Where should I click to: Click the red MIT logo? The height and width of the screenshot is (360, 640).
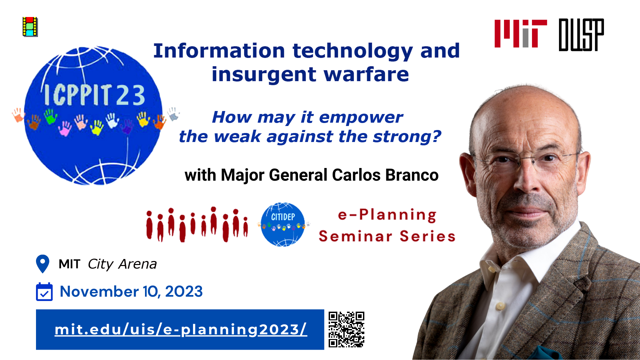521,34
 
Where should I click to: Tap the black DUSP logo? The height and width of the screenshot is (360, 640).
581,35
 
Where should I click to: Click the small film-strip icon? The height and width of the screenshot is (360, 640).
30,27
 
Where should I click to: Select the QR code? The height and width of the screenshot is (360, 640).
346,329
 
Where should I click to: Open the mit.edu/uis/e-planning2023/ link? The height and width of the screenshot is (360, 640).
181,329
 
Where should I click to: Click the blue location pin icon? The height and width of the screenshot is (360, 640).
43,264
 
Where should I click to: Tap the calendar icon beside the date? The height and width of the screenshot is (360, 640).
44,292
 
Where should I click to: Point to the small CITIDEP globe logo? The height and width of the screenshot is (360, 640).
283,224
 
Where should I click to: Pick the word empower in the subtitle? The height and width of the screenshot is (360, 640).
361,117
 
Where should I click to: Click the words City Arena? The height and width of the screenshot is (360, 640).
122,264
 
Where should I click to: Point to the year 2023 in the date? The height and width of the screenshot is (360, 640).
184,292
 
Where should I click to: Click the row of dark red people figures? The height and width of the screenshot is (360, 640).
197,224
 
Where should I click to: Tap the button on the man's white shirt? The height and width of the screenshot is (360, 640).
500,306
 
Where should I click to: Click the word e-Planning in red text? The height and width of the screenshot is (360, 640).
387,215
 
